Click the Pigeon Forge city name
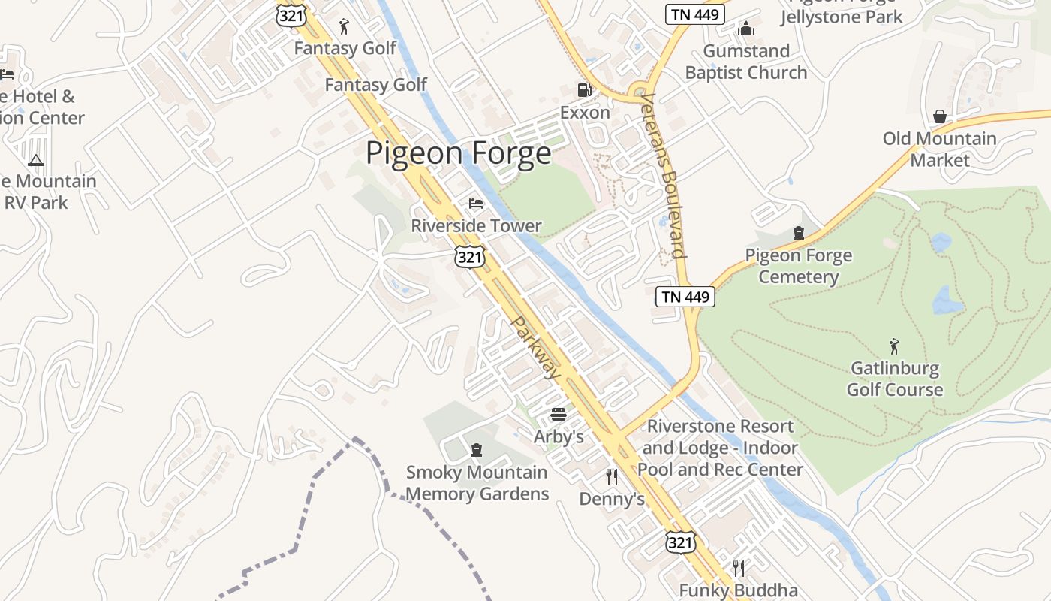458,153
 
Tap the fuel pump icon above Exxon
584,91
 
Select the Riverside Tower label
476,225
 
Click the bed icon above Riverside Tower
476,204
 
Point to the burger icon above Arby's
558,415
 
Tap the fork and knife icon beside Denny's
612,477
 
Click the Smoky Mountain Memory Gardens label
477,483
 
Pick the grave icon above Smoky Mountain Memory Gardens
476,451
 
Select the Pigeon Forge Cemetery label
798,266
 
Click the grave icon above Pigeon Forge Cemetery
798,234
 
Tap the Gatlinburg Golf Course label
894,379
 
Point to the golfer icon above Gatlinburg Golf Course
894,347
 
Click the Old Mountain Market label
939,149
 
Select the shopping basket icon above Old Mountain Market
939,116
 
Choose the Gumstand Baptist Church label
746,62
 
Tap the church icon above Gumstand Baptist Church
746,29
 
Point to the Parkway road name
536,347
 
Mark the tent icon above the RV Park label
36,160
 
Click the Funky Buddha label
738,590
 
